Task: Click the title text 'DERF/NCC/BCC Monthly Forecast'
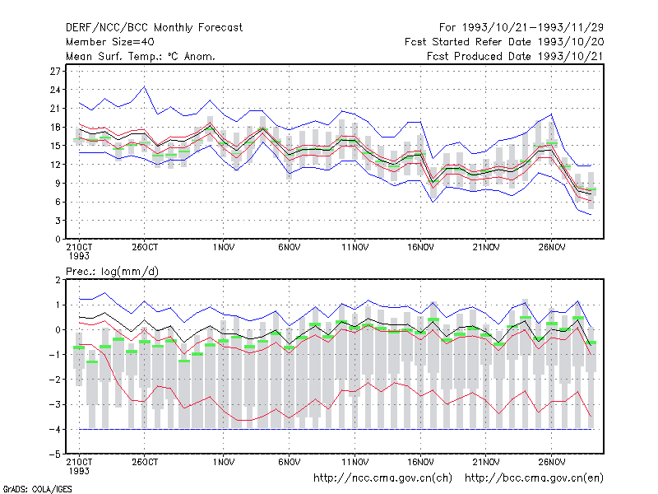pos(154,28)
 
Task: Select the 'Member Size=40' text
pos(110,42)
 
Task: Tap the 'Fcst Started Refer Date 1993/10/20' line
pos(504,42)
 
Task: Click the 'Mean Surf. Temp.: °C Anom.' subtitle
pos(141,56)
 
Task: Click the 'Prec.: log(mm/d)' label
pos(112,272)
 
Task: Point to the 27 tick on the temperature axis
pos(55,72)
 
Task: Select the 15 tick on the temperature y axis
pos(55,146)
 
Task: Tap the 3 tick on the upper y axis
pos(58,221)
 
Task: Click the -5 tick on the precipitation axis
pos(54,454)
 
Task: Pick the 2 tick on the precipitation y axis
pos(58,280)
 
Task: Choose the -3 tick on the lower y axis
pos(54,404)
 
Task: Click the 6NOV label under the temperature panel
pos(290,248)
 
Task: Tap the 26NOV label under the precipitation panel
pos(551,463)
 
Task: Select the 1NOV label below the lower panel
pos(223,463)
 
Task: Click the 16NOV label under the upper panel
pos(420,248)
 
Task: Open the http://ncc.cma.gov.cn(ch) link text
pos(382,478)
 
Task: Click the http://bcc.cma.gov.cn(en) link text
pos(534,478)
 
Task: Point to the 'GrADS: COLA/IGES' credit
pos(37,489)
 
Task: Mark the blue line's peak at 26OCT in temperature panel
pos(145,86)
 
